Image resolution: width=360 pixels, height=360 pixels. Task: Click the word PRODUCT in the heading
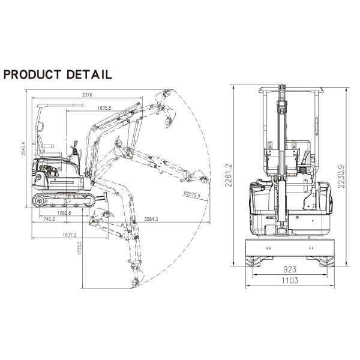tap(32, 74)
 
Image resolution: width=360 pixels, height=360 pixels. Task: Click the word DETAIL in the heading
tap(89, 74)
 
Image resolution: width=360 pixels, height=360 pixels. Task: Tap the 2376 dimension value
tap(87, 95)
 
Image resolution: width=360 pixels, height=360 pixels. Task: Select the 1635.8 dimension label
tap(104, 108)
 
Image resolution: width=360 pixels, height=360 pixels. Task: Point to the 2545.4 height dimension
tap(23, 149)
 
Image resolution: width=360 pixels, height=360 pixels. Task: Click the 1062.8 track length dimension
tap(64, 213)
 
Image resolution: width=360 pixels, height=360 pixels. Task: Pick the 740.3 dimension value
tap(49, 219)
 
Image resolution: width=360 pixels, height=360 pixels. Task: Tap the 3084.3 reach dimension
tap(151, 219)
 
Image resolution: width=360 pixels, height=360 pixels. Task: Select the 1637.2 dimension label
tap(70, 235)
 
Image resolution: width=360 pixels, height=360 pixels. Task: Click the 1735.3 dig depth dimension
tap(80, 248)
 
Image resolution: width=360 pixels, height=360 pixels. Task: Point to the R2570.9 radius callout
tap(192, 194)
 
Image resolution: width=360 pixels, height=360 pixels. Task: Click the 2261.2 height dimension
tap(229, 175)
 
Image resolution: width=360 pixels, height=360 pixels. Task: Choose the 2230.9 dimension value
tap(341, 176)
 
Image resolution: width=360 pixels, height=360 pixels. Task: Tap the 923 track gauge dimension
tap(290, 269)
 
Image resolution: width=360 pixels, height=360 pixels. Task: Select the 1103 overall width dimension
tap(290, 280)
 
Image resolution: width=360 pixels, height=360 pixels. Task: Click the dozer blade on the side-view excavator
tap(106, 197)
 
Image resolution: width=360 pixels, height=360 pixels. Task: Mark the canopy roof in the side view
tap(61, 106)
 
